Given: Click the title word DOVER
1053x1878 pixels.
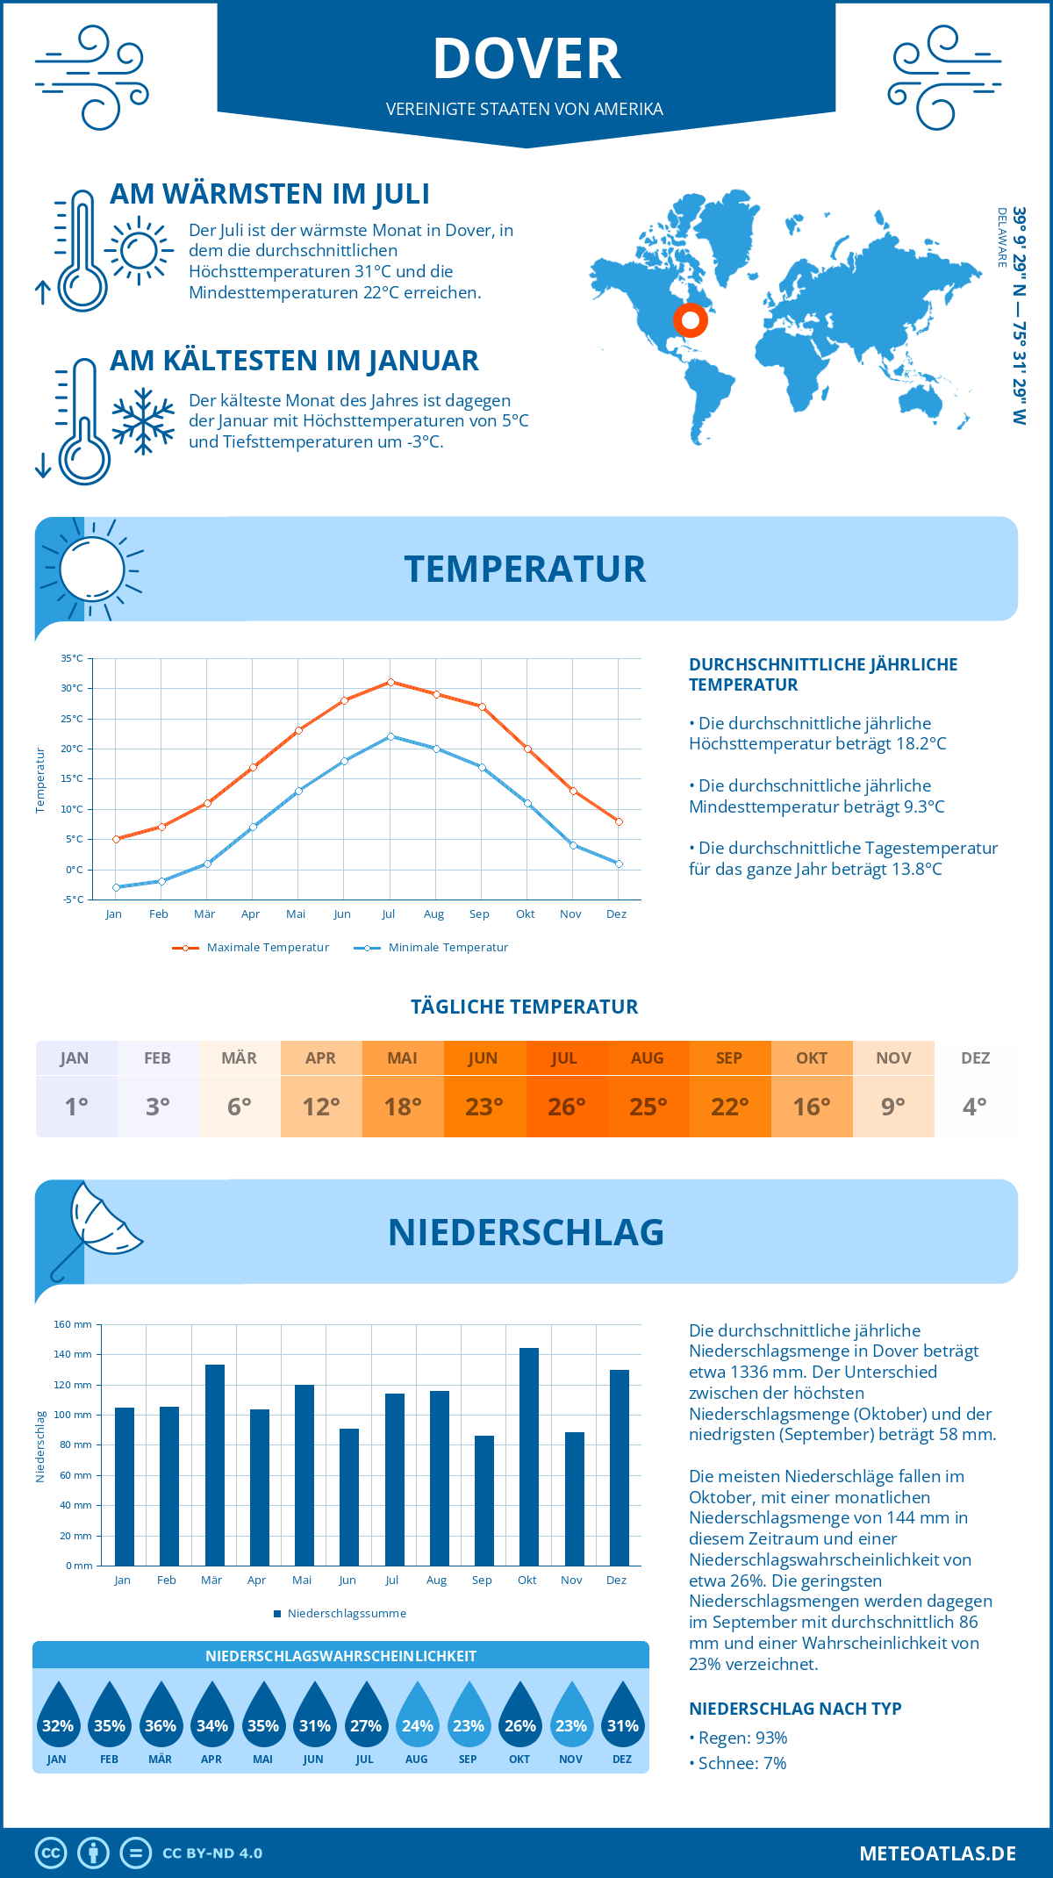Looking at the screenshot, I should (526, 59).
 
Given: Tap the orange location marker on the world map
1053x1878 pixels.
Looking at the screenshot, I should (691, 320).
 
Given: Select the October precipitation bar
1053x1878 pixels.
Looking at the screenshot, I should (528, 1457).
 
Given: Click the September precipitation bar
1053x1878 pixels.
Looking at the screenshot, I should (484, 1501).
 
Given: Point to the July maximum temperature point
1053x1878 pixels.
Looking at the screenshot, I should (390, 682).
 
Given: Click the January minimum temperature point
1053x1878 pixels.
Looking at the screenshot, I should (116, 887).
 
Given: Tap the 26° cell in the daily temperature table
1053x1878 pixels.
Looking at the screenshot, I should (566, 1107).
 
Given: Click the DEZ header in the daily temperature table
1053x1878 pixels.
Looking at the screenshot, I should (975, 1058).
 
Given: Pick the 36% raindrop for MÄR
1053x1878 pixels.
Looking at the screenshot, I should (161, 1717).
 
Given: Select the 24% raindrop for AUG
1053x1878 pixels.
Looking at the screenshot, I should (417, 1717).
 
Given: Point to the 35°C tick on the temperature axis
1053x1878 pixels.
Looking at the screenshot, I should (72, 658).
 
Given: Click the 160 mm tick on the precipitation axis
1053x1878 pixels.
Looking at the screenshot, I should (73, 1324).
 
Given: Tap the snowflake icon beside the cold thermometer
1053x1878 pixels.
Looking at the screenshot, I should (143, 420).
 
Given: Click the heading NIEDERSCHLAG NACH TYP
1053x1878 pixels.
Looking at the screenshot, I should (795, 1709).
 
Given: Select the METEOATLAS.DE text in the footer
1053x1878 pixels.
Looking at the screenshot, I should (937, 1853).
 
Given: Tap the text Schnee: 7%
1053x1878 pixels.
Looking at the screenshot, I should (741, 1763).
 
